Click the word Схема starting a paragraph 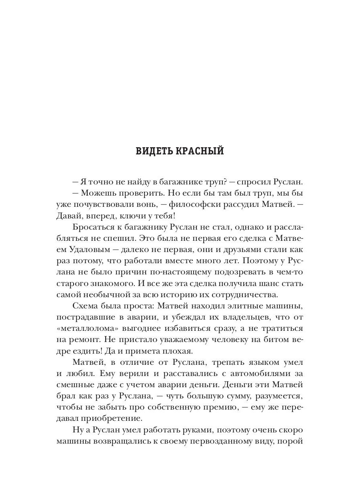point(87,306)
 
